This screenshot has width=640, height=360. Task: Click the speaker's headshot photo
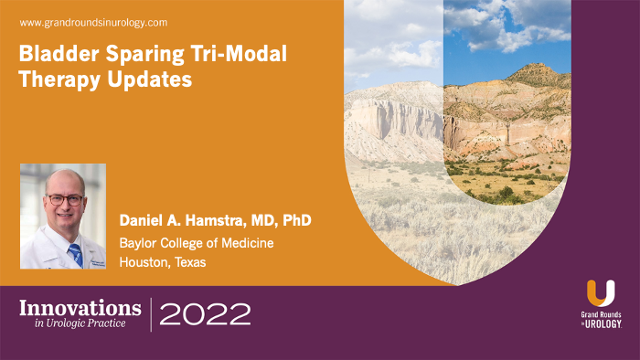(x=62, y=216)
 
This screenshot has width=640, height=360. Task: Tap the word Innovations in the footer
(x=80, y=307)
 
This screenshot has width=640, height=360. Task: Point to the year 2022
(x=206, y=315)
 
